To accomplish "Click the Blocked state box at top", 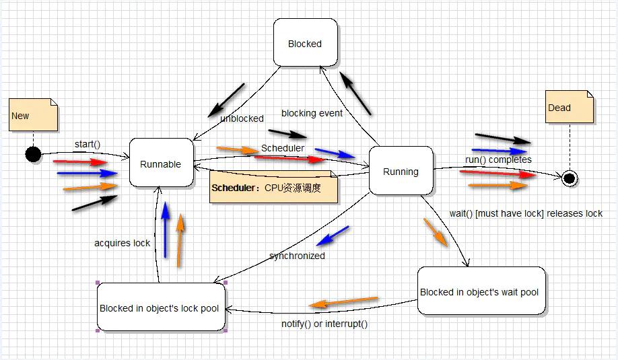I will point(305,43).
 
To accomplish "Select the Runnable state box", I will point(161,163).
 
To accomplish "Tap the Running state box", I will point(401,171).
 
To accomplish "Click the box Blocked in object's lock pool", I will point(160,308).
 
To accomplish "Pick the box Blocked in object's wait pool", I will point(480,291).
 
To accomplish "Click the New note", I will point(33,115).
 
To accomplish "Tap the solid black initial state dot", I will point(33,154).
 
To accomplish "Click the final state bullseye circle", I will point(570,178).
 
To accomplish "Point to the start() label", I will point(87,143).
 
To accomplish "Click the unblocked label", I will point(242,118).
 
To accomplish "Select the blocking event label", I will point(312,113).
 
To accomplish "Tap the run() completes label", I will point(498,159).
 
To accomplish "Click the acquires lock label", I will point(122,243).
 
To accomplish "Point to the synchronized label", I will point(297,256).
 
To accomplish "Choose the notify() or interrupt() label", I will point(324,324).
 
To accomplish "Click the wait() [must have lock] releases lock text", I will point(526,213).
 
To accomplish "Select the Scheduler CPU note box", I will point(273,188).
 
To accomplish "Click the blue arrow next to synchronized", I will point(333,236).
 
